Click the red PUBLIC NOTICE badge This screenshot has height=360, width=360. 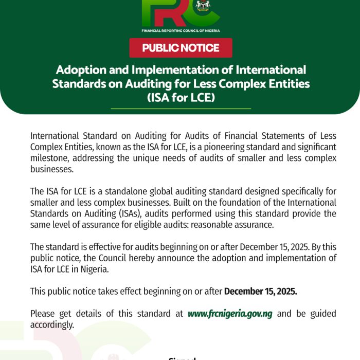click(181, 48)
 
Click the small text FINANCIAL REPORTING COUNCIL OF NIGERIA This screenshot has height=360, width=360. click(181, 31)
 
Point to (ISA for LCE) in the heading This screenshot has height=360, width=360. click(181, 96)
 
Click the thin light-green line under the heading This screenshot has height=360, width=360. click(181, 109)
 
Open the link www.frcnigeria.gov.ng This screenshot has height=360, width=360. click(230, 313)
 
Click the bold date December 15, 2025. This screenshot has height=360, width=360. click(260, 291)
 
